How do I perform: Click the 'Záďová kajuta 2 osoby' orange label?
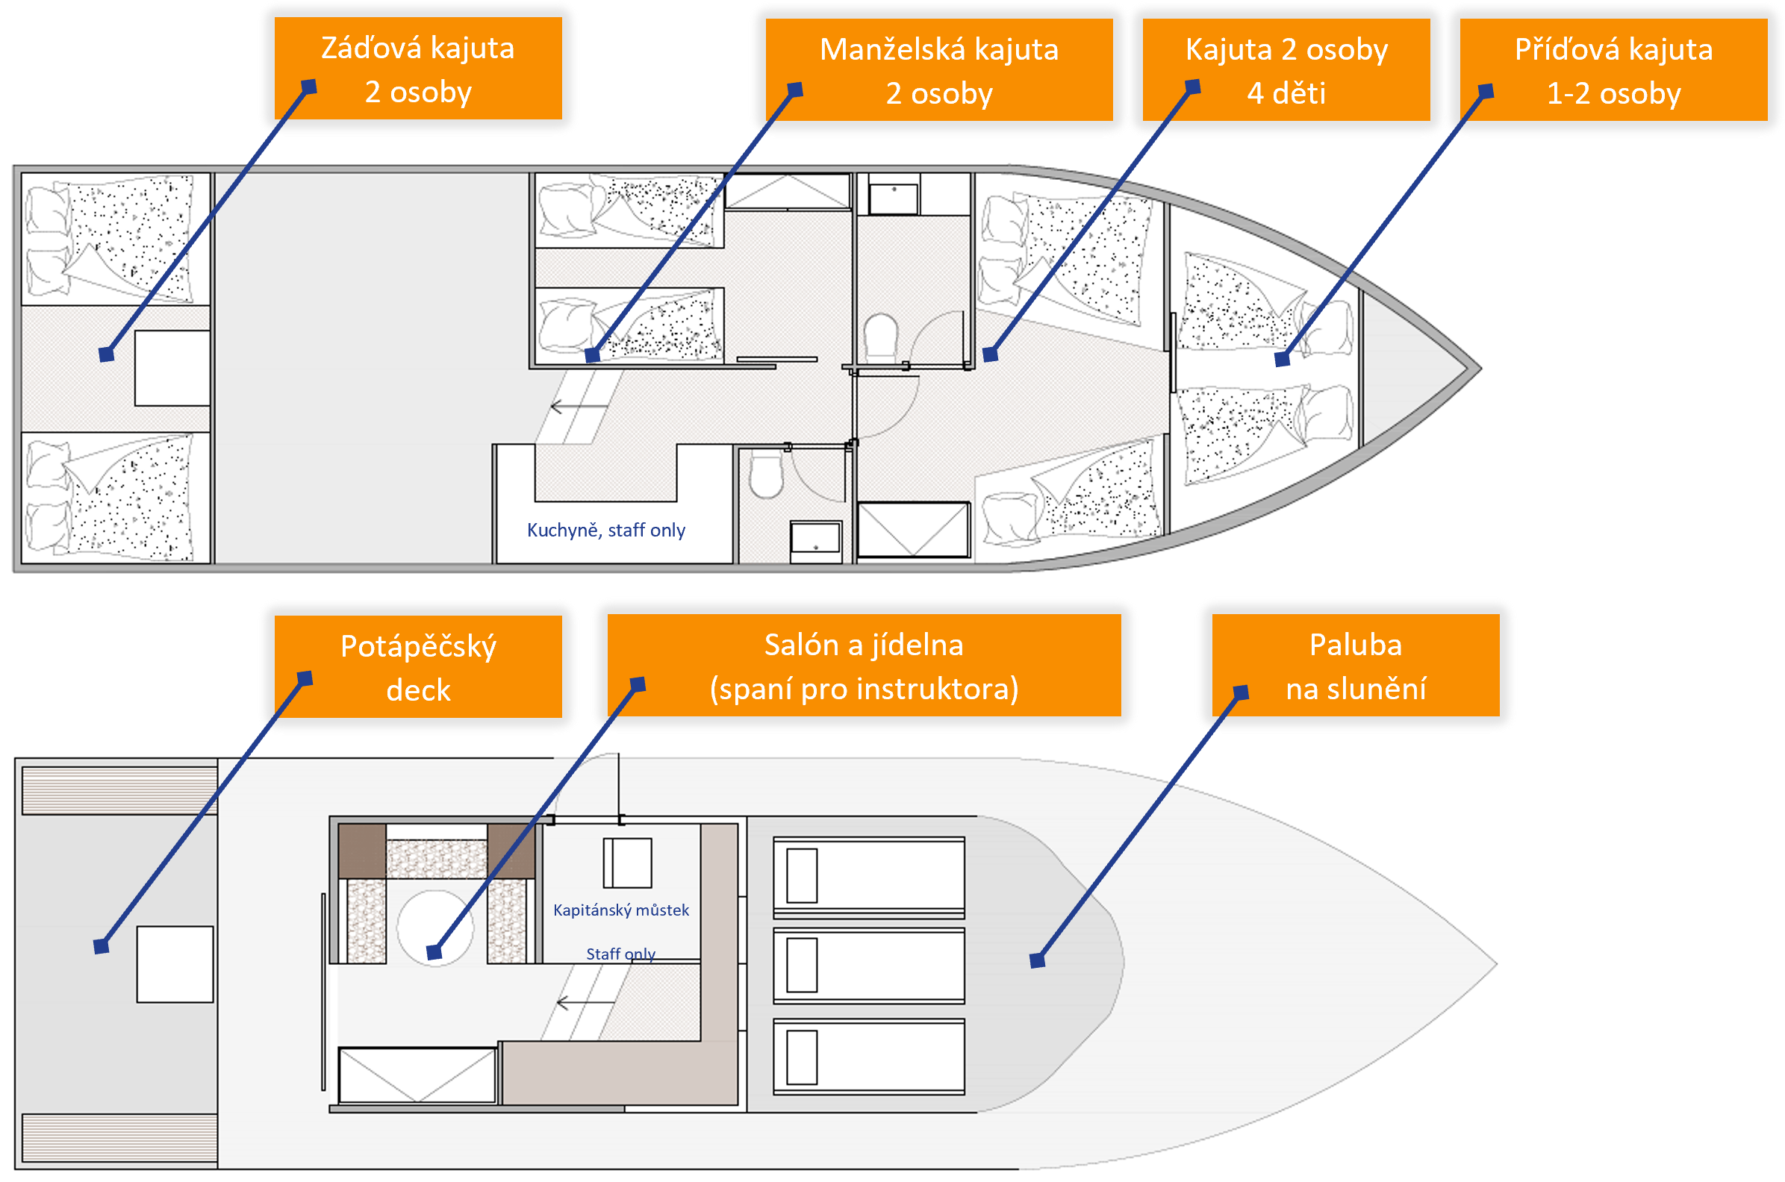(x=418, y=69)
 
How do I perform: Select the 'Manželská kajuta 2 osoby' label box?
(x=939, y=70)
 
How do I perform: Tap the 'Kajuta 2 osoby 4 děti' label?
(x=1286, y=70)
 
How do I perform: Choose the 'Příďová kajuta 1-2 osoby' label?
(x=1613, y=70)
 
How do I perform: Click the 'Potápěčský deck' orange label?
(x=418, y=667)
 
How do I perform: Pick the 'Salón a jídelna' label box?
(x=864, y=666)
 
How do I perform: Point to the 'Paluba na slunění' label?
(x=1355, y=666)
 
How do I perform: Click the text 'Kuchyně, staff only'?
(x=605, y=530)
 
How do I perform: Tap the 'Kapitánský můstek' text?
(x=620, y=910)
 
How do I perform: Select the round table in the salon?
(x=435, y=927)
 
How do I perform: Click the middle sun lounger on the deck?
(x=869, y=966)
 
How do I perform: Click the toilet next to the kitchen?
(x=766, y=475)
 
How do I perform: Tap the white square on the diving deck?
(x=175, y=964)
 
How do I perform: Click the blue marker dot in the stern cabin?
(x=106, y=354)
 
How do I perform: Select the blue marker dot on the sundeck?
(x=1037, y=960)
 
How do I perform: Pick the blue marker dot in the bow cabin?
(x=1282, y=360)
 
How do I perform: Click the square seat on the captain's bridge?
(x=626, y=863)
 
